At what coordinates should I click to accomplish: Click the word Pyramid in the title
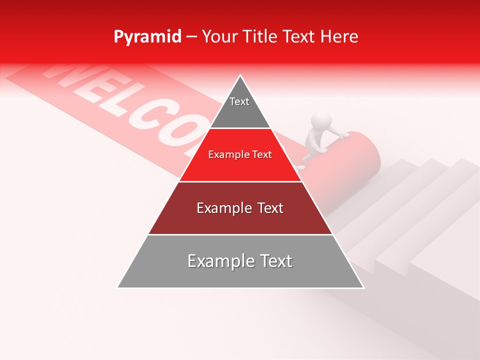point(147,37)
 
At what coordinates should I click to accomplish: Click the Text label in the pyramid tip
point(239,101)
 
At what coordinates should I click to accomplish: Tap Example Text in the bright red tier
point(240,155)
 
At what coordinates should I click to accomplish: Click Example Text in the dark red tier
point(240,208)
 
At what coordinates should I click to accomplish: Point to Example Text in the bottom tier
point(240,261)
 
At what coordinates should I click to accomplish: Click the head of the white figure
point(321,121)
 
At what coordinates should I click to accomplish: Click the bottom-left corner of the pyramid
point(118,287)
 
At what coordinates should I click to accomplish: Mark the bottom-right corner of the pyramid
point(363,287)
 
